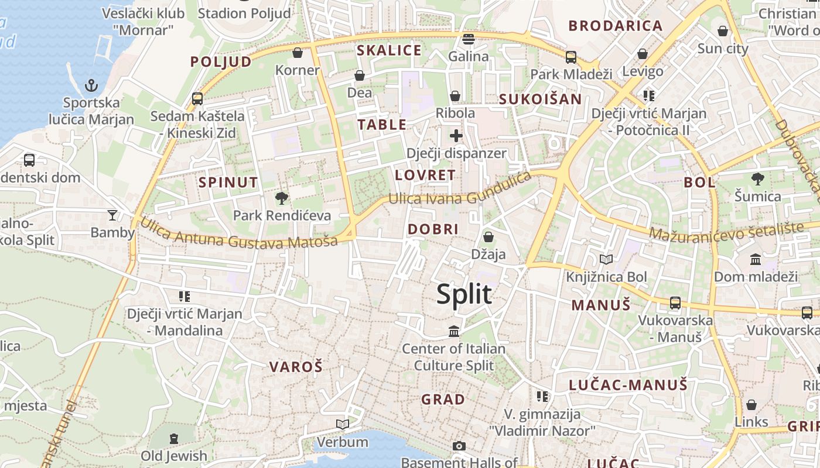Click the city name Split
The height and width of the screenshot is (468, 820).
[x=464, y=294]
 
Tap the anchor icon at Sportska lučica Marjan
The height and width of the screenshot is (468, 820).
[x=91, y=86]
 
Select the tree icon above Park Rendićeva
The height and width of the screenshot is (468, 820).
[x=282, y=198]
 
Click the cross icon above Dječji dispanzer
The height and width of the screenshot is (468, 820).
[x=456, y=136]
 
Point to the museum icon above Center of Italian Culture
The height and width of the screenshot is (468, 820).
[x=453, y=332]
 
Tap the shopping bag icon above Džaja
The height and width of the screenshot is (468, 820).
[x=488, y=237]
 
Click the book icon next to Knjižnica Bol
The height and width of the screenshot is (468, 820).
[x=606, y=259]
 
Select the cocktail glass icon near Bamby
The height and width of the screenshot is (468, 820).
[x=112, y=215]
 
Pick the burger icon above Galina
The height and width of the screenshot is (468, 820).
[x=468, y=39]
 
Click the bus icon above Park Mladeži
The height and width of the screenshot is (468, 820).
[x=570, y=57]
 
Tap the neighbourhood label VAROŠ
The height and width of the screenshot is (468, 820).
[x=296, y=367]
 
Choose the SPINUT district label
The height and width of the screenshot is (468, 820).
[x=228, y=182]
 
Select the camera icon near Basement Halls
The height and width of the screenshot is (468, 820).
[x=459, y=446]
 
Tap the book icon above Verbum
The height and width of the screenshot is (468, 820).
[x=343, y=424]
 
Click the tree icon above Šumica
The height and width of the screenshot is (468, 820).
[x=757, y=178]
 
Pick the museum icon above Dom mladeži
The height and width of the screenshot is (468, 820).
[x=755, y=259]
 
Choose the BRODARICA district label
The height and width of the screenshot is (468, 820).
[x=616, y=26]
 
